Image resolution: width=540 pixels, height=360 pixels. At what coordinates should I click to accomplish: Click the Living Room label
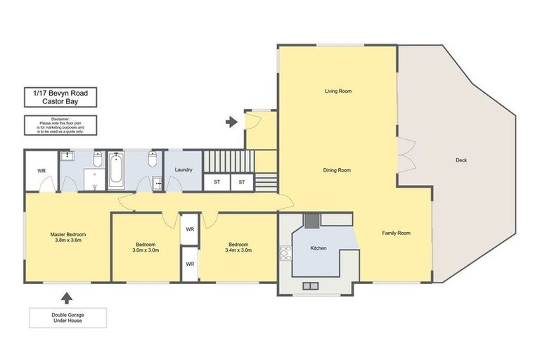(337, 91)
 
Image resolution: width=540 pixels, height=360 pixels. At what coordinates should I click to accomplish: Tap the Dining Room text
(337, 170)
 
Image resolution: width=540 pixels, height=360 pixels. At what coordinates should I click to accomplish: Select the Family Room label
(396, 233)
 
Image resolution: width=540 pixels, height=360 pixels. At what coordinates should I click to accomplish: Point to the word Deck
(461, 160)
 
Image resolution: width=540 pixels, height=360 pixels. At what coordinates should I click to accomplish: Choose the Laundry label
(184, 169)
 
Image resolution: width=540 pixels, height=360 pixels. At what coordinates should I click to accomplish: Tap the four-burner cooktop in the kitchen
(286, 252)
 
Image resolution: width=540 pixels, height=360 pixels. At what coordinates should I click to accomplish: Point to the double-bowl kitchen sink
(310, 286)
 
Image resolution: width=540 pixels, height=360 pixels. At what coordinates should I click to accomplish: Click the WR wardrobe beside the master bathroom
(41, 171)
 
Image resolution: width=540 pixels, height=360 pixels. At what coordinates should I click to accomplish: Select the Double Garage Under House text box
(67, 318)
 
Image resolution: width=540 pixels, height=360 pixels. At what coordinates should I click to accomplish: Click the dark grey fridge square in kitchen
(310, 220)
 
